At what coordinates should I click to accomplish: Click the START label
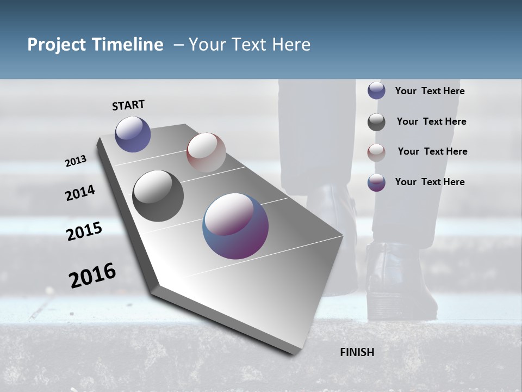tap(128, 105)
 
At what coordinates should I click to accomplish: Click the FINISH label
tap(357, 352)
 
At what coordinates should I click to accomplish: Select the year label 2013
tap(76, 161)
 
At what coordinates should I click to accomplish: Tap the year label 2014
tap(80, 193)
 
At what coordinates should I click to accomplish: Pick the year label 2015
tap(84, 231)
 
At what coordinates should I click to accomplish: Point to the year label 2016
tap(92, 275)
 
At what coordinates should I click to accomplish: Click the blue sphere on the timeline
tap(133, 134)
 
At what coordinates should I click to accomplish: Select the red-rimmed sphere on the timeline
tap(206, 152)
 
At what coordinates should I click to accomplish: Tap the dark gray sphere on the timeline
tap(158, 196)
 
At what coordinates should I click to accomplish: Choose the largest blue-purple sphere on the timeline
tap(235, 226)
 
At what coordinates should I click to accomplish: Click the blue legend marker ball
tap(376, 91)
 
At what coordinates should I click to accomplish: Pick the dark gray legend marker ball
tap(376, 122)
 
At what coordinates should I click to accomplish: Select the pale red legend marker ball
tap(376, 152)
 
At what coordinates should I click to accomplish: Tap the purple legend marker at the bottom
tap(376, 182)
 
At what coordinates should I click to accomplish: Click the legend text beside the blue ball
tap(430, 91)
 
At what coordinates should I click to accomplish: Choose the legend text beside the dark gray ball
tap(431, 121)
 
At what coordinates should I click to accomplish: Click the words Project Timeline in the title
tap(95, 45)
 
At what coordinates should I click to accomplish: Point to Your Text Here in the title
tap(249, 45)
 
